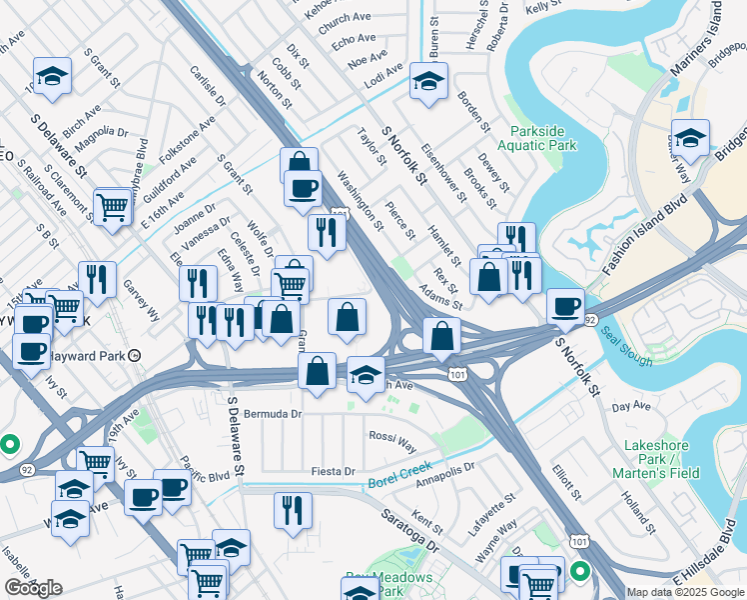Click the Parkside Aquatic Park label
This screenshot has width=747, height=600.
543,138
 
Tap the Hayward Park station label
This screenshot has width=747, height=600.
96,355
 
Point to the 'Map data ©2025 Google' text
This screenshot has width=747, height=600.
684,592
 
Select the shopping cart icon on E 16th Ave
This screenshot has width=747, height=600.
113,207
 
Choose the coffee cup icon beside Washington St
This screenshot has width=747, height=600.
303,187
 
